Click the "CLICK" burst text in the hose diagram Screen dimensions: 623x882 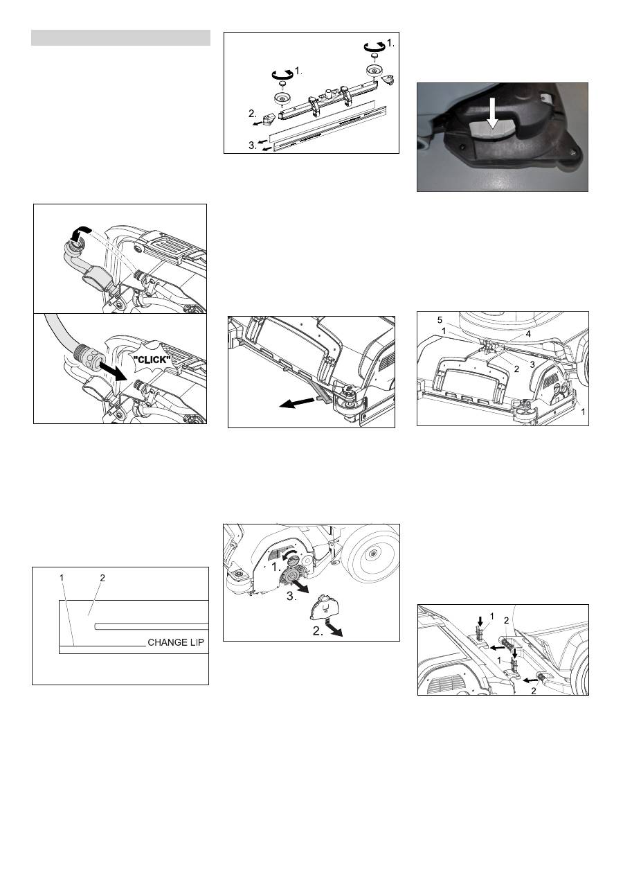pos(152,360)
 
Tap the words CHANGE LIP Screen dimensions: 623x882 pos(175,642)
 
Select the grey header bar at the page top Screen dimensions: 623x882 pos(120,37)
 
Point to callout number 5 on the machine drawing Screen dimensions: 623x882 pos(440,320)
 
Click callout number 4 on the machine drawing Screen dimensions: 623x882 pos(528,334)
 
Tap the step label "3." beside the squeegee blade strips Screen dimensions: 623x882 pos(252,145)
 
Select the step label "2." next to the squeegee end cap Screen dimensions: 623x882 pos(252,114)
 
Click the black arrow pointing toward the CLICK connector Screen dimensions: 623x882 pos(113,371)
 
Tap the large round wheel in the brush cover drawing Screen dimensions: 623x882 pos(371,555)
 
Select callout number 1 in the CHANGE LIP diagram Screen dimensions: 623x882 pos(62,578)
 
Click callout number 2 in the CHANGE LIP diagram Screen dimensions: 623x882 pos(102,578)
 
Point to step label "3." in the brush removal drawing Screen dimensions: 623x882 pos(291,597)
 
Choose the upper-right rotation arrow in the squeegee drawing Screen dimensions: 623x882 pos(374,47)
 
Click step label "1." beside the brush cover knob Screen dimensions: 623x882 pos(276,567)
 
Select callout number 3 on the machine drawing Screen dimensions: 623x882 pos(532,364)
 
